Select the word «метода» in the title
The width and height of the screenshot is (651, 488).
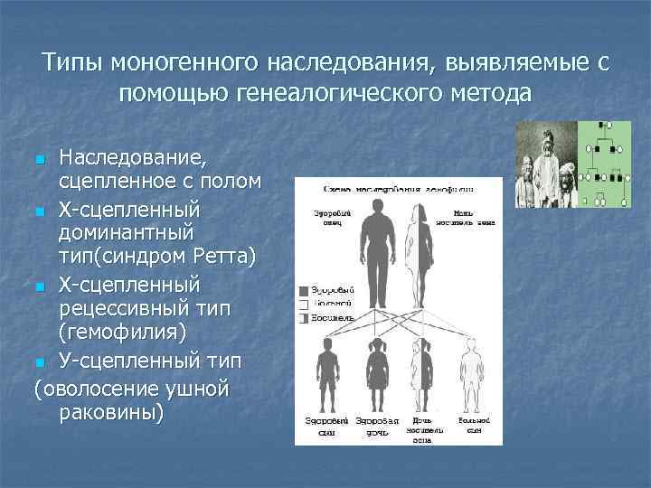pyautogui.click(x=485, y=94)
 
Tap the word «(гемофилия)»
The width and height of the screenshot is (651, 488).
pyautogui.click(x=123, y=333)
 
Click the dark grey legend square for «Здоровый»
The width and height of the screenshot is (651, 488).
pyautogui.click(x=303, y=291)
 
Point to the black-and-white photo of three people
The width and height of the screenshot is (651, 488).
pyautogui.click(x=545, y=167)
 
